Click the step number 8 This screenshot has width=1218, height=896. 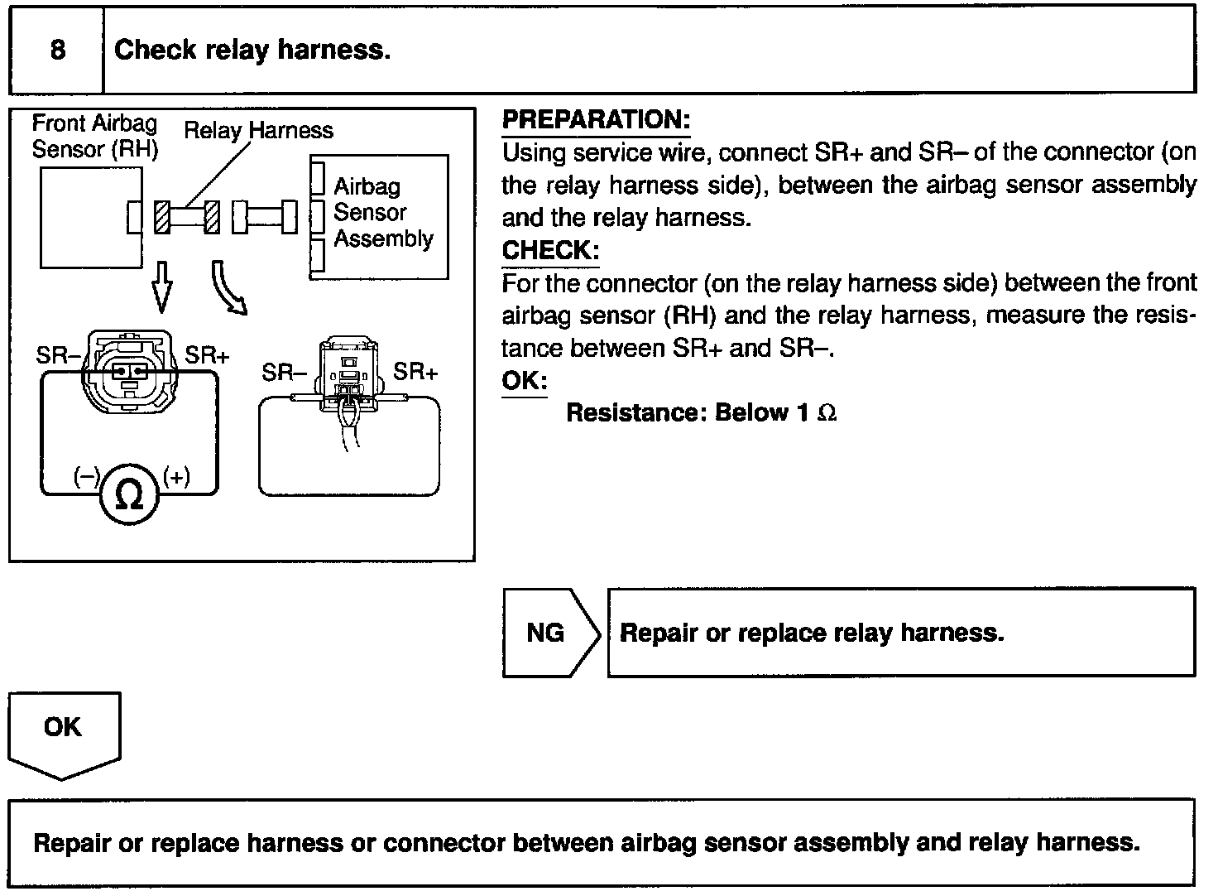point(57,51)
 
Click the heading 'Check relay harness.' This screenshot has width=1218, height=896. point(252,51)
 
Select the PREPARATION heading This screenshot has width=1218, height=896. point(596,120)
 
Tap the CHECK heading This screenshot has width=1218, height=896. point(550,250)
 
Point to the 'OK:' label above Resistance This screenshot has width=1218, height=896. point(525,381)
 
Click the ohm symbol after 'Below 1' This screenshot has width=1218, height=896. point(827,413)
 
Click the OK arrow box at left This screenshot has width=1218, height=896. point(64,732)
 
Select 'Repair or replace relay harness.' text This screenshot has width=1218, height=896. point(811,633)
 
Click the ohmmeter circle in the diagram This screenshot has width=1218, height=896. point(128,495)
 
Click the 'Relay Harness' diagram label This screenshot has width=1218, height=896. point(258,131)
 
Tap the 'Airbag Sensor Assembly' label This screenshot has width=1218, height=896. point(382,213)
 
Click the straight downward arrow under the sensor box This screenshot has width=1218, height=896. point(163,286)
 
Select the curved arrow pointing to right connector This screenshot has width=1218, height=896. point(228,288)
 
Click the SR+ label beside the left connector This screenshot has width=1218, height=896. point(207,356)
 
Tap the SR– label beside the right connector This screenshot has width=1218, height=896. point(283,373)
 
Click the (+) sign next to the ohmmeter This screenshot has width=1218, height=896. point(176,477)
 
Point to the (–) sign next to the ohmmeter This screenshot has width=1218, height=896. point(86,477)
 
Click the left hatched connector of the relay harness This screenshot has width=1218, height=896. point(163,218)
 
